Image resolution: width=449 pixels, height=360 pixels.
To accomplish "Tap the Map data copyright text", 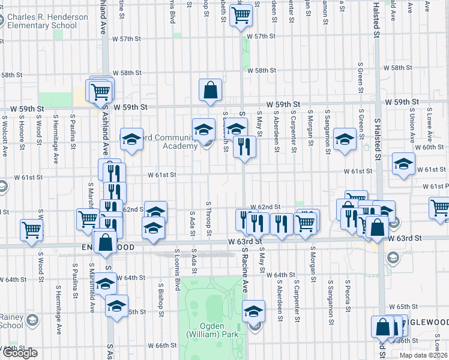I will (x=423, y=355).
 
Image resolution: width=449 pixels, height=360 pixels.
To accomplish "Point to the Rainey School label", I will (x=12, y=321).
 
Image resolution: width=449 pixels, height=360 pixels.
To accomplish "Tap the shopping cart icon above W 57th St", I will (x=241, y=16).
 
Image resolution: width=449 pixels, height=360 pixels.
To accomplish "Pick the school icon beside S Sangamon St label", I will (x=345, y=139).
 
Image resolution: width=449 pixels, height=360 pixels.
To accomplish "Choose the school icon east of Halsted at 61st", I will (x=404, y=163).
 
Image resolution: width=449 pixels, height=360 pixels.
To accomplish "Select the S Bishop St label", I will (x=162, y=298).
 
